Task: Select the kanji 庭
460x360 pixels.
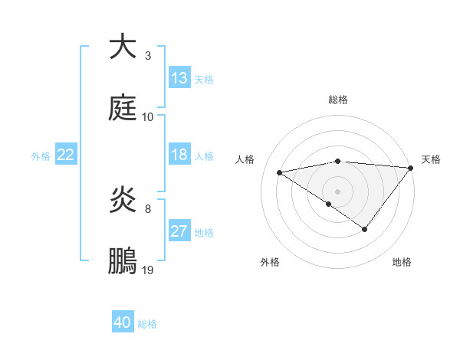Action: click(123, 108)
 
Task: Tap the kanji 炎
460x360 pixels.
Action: click(123, 201)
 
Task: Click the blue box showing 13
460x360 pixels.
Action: click(179, 78)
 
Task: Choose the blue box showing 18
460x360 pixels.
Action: click(179, 155)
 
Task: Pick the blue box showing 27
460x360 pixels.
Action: click(179, 231)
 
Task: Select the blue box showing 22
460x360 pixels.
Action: click(66, 155)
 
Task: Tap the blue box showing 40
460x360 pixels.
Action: click(123, 322)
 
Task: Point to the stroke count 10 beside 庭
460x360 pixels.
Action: click(148, 116)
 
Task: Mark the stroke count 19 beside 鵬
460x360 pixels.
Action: click(148, 270)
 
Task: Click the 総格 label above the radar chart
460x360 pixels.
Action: click(338, 100)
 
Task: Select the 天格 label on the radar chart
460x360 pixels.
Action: click(431, 159)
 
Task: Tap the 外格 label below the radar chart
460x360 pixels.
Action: click(270, 262)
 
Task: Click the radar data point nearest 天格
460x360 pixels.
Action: click(411, 167)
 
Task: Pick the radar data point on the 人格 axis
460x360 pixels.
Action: click(280, 172)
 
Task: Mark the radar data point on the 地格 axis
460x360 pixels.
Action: click(365, 229)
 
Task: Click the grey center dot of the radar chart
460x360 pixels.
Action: click(338, 191)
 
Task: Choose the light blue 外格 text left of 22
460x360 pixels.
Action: click(41, 155)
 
